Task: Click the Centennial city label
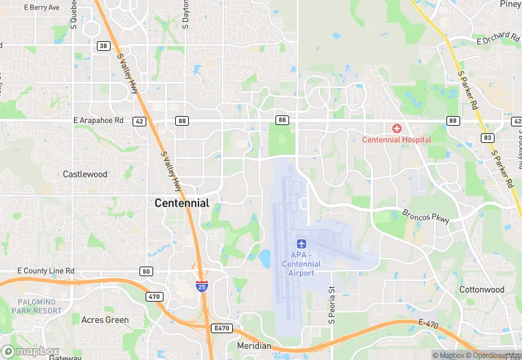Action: [x=182, y=203]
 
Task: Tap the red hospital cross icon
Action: [x=396, y=128]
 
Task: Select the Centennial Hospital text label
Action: [x=396, y=140]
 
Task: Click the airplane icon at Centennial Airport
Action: [x=301, y=244]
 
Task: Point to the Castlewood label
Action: [x=85, y=175]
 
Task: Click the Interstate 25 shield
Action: [x=201, y=286]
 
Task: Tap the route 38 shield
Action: [x=104, y=46]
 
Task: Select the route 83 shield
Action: [x=488, y=137]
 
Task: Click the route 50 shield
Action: [x=146, y=271]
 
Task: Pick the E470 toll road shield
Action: [x=221, y=328]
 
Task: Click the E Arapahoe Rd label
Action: [x=98, y=120]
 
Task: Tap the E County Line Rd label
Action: [x=45, y=271]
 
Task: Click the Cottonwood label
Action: [x=481, y=290]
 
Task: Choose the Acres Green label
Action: [x=105, y=320]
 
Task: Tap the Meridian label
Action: [x=253, y=346]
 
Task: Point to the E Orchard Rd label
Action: [x=498, y=38]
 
